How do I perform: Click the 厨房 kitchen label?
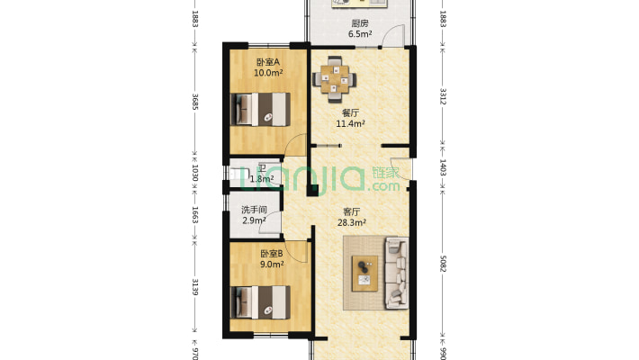[360, 23]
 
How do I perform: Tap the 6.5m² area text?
[360, 34]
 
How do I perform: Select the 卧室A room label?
[267, 62]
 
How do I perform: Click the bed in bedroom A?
[261, 109]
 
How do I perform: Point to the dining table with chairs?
[334, 79]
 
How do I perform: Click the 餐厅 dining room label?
[350, 112]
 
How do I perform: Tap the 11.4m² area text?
[350, 123]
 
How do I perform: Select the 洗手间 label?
[254, 210]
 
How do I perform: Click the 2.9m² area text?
[254, 220]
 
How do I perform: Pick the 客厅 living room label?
[351, 212]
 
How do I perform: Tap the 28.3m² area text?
[351, 222]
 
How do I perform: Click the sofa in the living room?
[397, 273]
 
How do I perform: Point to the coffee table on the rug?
[364, 274]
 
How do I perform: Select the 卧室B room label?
[272, 254]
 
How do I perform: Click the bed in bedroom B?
[261, 302]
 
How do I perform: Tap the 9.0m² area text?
[272, 265]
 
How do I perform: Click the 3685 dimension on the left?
[194, 102]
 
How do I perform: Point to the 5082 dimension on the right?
[444, 264]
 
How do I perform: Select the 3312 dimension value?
[444, 96]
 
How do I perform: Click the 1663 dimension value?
[194, 215]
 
